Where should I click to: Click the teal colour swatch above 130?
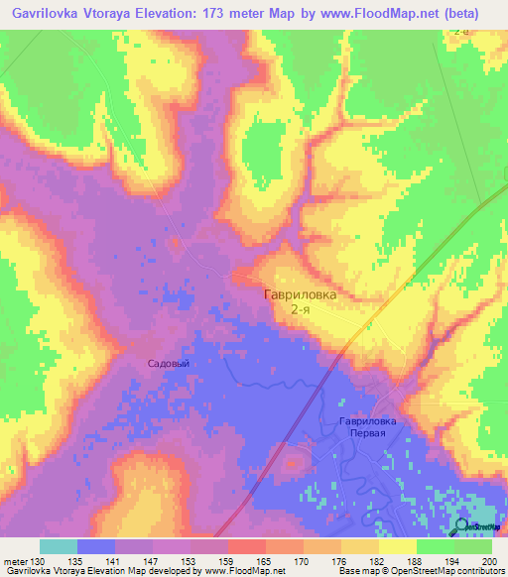point(59,546)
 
